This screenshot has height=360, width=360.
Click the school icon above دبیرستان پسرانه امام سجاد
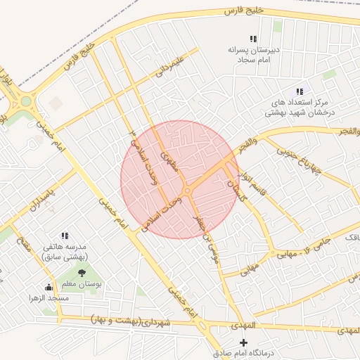[253, 39]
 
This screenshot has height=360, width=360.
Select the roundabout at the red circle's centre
[187, 191]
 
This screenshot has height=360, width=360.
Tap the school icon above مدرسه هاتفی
[65, 236]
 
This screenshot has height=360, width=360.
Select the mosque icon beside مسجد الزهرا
[48, 287]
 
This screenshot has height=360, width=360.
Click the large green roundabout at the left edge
[26, 101]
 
